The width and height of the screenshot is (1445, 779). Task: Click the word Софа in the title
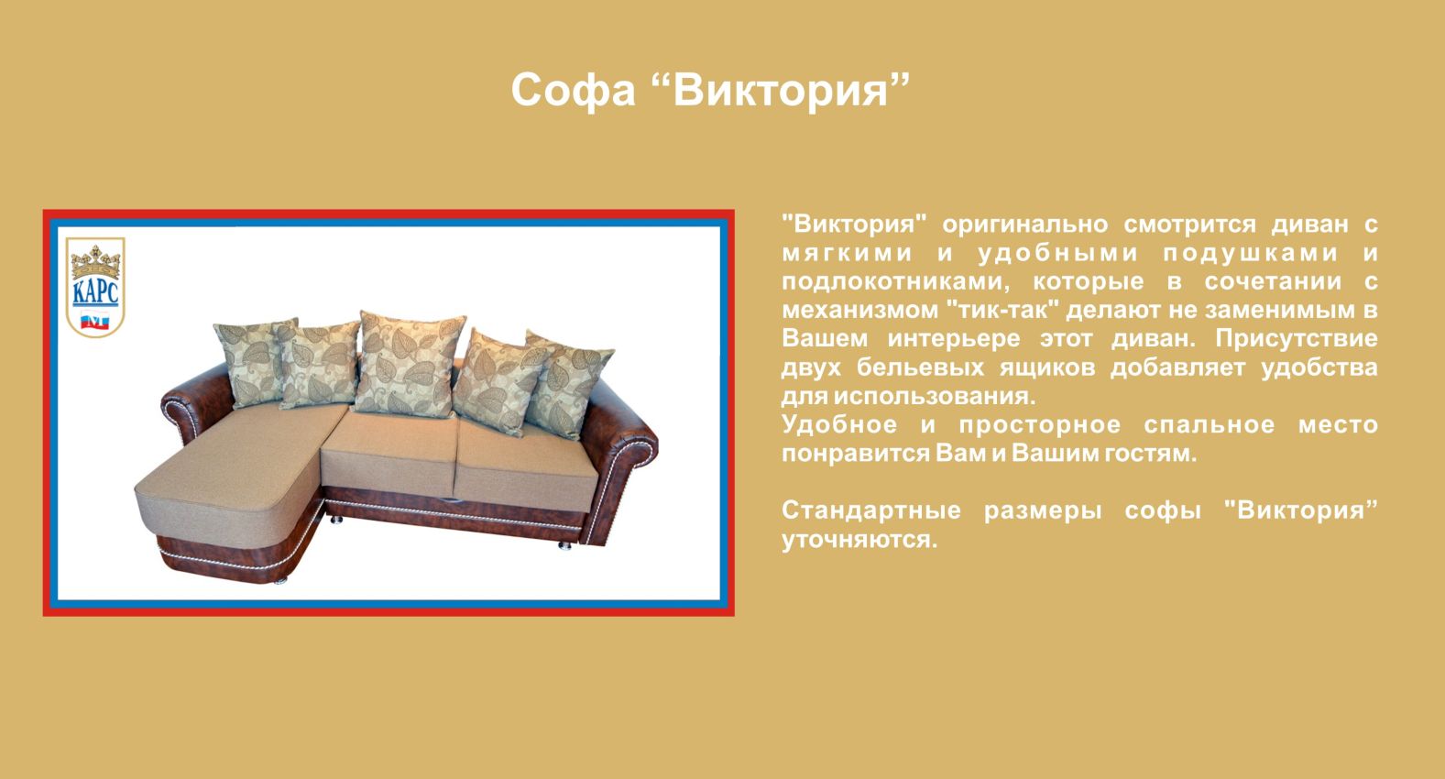pos(573,91)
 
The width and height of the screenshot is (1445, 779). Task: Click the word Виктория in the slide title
pos(782,91)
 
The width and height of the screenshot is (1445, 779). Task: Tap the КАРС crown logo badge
pos(95,287)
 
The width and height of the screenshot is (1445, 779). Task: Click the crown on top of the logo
pos(95,261)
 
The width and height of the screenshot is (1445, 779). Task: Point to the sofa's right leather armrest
pos(619,458)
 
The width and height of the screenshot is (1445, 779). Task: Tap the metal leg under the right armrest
pos(565,545)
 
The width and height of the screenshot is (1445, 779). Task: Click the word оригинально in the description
pos(1025,225)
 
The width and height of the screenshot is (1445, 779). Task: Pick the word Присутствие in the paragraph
pos(1297,339)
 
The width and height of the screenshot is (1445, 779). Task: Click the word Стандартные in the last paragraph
pos(871,510)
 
